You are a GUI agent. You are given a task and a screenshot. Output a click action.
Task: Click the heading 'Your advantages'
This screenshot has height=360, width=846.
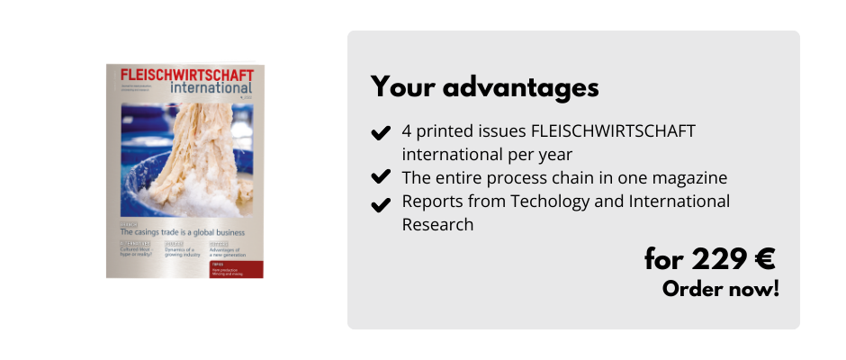click(x=485, y=87)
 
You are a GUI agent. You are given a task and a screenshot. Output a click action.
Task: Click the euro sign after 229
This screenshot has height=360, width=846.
click(x=765, y=259)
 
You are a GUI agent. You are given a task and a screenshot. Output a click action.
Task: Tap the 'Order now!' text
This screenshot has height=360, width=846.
click(x=720, y=290)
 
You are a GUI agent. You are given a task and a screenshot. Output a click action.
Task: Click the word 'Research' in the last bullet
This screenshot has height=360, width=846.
click(x=437, y=224)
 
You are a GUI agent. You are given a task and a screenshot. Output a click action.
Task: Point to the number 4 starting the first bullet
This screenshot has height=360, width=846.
click(x=408, y=130)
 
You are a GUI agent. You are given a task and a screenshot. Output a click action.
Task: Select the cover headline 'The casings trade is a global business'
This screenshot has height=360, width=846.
click(x=183, y=231)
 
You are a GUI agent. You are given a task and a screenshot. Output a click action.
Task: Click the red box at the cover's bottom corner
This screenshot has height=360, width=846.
click(x=236, y=269)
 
